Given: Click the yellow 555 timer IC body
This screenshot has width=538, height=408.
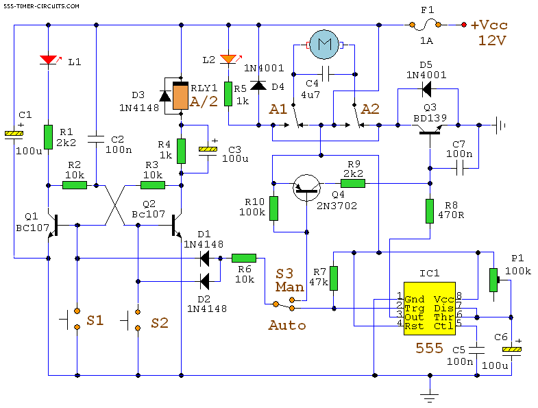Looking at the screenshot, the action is (430, 309).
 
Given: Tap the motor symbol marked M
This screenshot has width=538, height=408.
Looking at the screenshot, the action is (324, 45).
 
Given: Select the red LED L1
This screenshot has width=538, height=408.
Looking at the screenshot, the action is (49, 60).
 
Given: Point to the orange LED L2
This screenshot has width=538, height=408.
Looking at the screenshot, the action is (228, 59).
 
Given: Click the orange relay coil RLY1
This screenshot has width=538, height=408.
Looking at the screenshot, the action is (180, 96).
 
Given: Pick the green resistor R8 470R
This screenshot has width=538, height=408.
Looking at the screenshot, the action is (430, 211).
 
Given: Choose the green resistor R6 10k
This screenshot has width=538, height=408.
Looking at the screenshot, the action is (244, 258).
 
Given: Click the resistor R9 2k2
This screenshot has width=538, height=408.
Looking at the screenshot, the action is (353, 183).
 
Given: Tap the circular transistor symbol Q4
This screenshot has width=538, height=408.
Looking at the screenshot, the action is (307, 188).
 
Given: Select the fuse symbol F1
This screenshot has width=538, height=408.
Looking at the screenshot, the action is (425, 25).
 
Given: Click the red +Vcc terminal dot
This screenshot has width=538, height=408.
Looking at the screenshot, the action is (464, 25).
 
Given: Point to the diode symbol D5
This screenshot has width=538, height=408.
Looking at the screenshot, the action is (426, 89).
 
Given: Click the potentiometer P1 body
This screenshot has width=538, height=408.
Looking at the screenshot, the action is (493, 280).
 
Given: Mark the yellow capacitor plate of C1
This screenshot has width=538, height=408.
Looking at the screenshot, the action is (14, 133).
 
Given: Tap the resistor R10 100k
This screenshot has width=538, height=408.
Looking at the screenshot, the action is (273, 208).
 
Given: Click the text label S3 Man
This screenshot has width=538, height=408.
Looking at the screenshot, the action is (290, 280).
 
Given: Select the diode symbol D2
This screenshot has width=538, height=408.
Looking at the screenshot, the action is (205, 282).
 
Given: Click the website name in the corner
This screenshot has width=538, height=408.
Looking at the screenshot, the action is (41, 6).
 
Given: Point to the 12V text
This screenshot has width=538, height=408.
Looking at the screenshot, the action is (492, 40).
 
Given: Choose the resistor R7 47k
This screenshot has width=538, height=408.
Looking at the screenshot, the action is (334, 278).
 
